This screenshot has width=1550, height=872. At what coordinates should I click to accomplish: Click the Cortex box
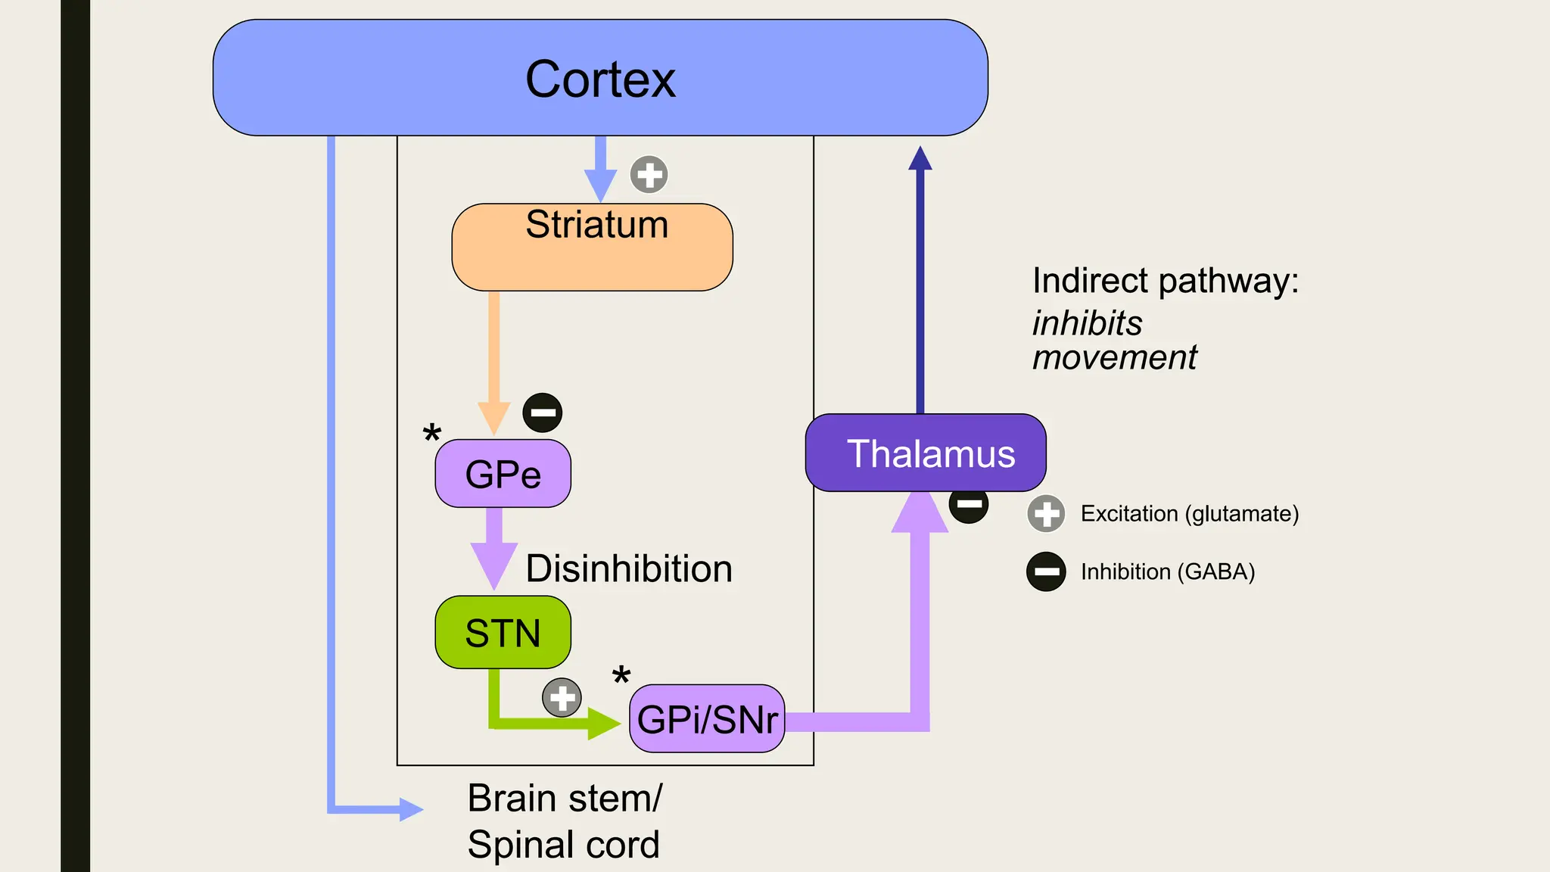(x=600, y=78)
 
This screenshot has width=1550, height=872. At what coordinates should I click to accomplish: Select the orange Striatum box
(x=592, y=248)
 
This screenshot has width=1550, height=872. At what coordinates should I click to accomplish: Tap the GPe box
(x=503, y=474)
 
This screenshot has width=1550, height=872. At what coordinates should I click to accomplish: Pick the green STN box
(x=503, y=632)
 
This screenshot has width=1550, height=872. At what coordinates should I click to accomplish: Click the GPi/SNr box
(x=707, y=719)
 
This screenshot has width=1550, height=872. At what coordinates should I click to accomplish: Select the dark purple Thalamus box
(x=926, y=453)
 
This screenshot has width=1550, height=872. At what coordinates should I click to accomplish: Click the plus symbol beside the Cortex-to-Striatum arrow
(x=649, y=175)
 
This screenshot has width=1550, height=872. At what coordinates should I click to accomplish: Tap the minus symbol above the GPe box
(x=543, y=413)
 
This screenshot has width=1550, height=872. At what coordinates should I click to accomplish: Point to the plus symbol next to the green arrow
(x=562, y=697)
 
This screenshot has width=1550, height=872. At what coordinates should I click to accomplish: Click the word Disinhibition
(x=629, y=568)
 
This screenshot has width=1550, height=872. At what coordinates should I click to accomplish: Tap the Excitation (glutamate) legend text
(x=1189, y=514)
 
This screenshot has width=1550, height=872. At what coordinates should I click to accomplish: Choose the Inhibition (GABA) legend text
(x=1167, y=571)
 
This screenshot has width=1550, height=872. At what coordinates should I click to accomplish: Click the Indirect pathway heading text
(x=1165, y=281)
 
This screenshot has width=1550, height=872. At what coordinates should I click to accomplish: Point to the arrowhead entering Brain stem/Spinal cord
(x=411, y=809)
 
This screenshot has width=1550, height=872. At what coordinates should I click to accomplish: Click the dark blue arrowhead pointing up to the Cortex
(x=920, y=158)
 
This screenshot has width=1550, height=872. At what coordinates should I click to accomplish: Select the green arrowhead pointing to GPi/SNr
(x=603, y=724)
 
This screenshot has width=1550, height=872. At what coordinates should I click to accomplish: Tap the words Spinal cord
(x=563, y=845)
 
